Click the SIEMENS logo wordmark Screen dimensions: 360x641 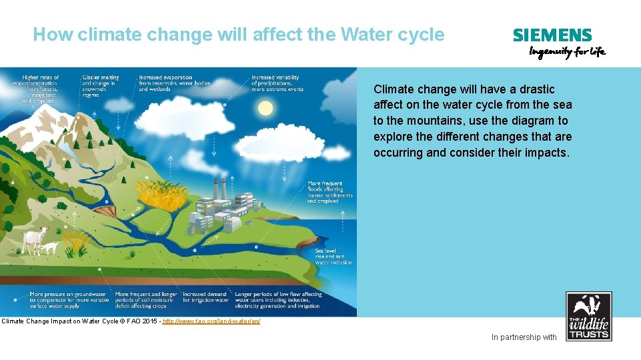(x=552, y=36)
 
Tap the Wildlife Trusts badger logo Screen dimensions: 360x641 (x=588, y=317)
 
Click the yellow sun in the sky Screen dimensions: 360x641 (x=265, y=108)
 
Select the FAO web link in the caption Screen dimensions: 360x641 (x=211, y=321)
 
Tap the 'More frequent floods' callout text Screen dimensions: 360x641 (x=330, y=192)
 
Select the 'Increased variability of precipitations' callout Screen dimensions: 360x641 (x=277, y=83)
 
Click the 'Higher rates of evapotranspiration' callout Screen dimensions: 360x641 (x=40, y=89)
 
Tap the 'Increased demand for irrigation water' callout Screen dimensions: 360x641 (x=205, y=297)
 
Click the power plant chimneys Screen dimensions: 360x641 (x=217, y=187)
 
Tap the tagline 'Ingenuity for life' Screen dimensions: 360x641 (x=567, y=52)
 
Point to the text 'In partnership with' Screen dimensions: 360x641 (x=524, y=337)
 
